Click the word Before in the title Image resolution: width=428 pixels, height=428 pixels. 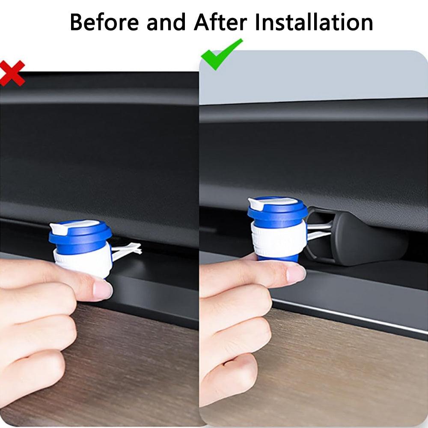tap(104, 22)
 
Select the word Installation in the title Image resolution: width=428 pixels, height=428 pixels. tap(314, 22)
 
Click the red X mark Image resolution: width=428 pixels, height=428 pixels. tap(12, 73)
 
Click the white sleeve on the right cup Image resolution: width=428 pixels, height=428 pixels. tap(278, 239)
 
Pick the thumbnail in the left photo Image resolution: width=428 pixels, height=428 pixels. tap(102, 290)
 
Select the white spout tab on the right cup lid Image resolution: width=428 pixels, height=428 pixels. tap(256, 203)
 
